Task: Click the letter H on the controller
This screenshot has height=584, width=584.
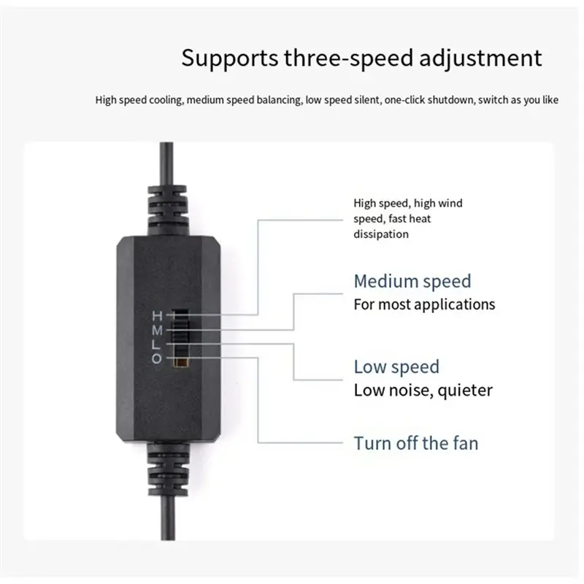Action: coord(157,316)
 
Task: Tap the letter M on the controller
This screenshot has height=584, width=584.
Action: coord(157,330)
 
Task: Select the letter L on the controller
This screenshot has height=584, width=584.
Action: coord(156,345)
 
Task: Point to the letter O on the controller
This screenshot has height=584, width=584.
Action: coord(157,358)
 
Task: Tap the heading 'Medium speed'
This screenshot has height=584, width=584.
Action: coord(412,282)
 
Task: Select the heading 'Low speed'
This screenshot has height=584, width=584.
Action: coord(396,367)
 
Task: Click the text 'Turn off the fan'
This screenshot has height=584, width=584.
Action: coord(416,443)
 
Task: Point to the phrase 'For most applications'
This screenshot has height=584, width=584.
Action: coord(424,304)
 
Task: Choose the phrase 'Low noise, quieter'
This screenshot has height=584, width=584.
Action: coord(423,391)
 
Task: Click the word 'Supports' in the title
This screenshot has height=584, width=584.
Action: coord(230,59)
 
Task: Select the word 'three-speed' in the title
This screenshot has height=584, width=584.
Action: coord(349,59)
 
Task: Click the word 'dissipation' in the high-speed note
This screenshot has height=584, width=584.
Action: coord(381,234)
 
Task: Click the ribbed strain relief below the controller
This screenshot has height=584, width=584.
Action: coord(168,469)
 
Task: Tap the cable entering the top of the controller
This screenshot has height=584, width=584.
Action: coord(166,163)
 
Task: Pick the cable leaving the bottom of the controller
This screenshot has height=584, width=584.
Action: coord(168,518)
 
